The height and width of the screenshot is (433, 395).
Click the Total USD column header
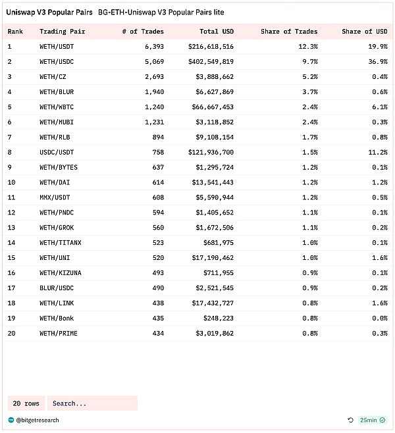(216, 32)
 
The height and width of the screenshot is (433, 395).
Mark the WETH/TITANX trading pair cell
(61, 243)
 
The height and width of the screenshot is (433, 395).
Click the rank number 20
(11, 334)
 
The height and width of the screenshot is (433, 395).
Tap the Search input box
(92, 403)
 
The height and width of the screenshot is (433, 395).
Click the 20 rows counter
(26, 403)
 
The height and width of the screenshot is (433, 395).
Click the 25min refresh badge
(373, 420)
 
